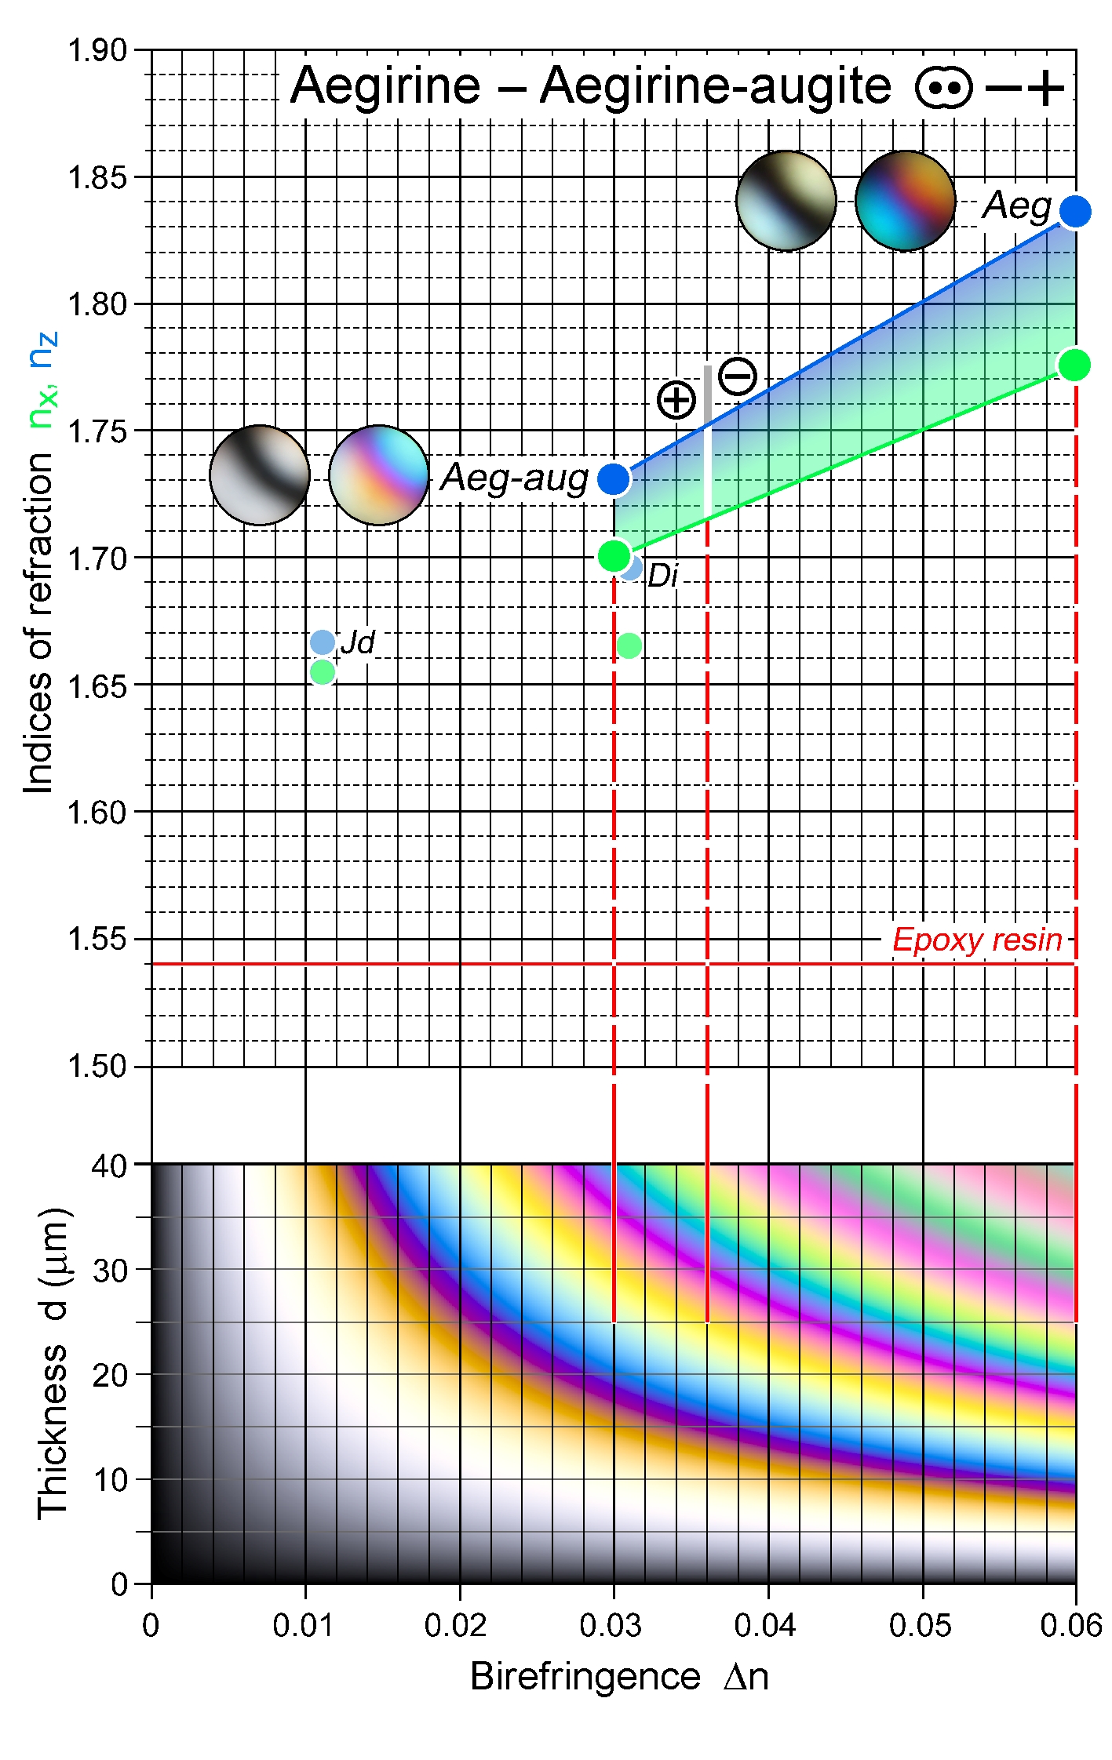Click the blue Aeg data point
(1074, 211)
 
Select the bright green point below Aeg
(1074, 365)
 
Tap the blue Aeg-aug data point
(614, 478)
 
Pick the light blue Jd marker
(323, 642)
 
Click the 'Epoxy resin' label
(977, 940)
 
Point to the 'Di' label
(663, 576)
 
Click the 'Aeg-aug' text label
(515, 478)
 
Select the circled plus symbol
(676, 400)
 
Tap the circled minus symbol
(738, 376)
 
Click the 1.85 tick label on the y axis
(97, 178)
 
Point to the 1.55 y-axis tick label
(97, 940)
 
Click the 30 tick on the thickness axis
(110, 1270)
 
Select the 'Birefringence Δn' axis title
(619, 1678)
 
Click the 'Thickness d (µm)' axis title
(53, 1363)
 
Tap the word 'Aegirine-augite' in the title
(716, 85)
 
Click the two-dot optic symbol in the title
(943, 88)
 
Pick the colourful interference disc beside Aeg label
(905, 201)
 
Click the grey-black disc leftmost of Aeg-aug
(260, 475)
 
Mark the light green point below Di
(629, 645)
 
